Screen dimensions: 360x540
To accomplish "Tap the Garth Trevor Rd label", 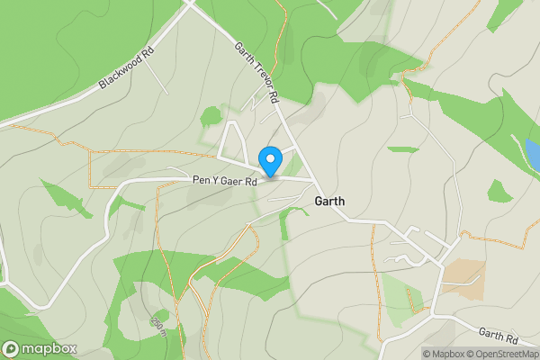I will [x=258, y=71].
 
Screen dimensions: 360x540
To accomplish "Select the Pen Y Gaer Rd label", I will [x=225, y=181].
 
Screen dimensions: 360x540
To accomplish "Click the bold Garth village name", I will [x=330, y=202].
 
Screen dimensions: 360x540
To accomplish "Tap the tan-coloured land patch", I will [x=464, y=280].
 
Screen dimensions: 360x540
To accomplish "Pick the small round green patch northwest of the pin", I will [x=211, y=115].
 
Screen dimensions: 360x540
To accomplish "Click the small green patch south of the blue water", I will [x=499, y=191].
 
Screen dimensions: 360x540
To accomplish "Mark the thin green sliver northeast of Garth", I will [x=403, y=148].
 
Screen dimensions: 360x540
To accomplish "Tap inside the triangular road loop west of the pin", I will [x=234, y=144].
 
